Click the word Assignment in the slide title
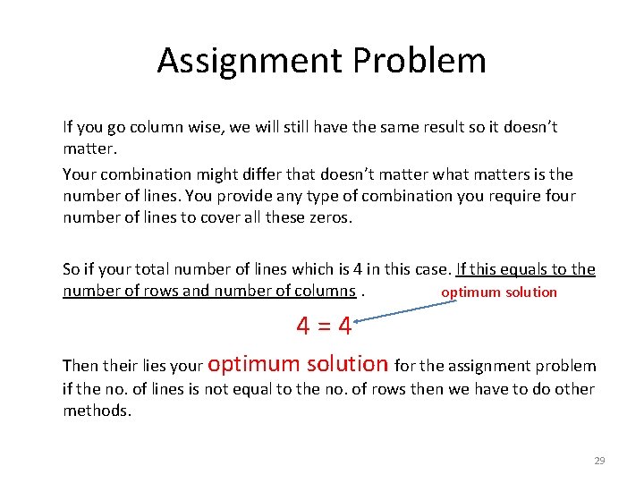[250, 61]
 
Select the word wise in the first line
[207, 127]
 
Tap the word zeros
[332, 216]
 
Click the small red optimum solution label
[499, 292]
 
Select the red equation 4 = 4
[324, 326]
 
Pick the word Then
[80, 365]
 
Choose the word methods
[97, 410]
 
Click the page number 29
[599, 461]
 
